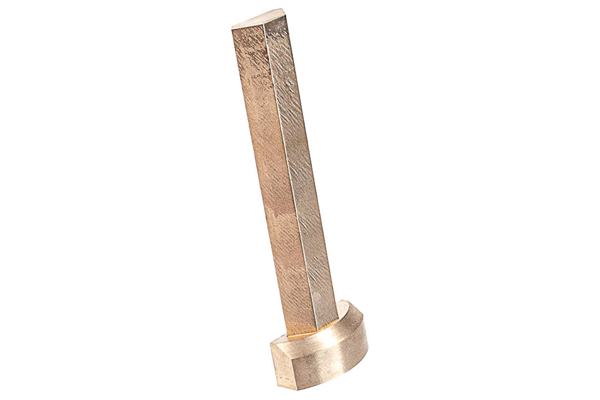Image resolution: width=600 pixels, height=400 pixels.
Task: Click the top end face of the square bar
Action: [261, 18]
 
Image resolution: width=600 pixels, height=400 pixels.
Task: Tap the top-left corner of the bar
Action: [232, 27]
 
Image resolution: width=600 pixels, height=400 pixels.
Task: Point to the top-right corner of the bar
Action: [284, 11]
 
